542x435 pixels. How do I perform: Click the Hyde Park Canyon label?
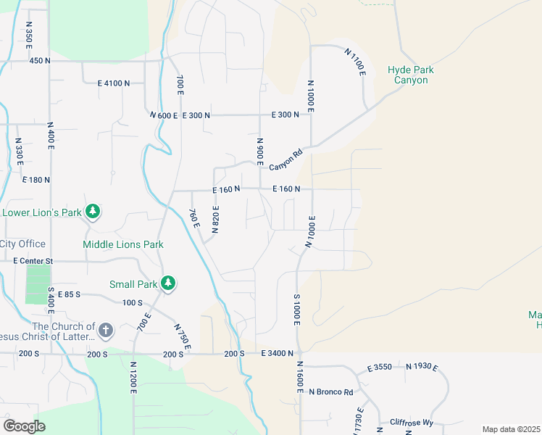pyautogui.click(x=410, y=75)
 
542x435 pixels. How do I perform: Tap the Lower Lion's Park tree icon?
pyautogui.click(x=92, y=212)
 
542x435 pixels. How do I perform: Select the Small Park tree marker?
pyautogui.click(x=168, y=283)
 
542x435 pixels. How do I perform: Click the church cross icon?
pyautogui.click(x=105, y=331)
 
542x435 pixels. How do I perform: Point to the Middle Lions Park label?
pyautogui.click(x=122, y=245)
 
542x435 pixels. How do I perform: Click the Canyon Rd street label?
pyautogui.click(x=285, y=161)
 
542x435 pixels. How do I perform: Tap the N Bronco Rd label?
pyautogui.click(x=330, y=392)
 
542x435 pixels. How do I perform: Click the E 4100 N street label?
pyautogui.click(x=114, y=83)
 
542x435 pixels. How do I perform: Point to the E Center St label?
pyautogui.click(x=33, y=260)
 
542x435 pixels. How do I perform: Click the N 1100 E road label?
pyautogui.click(x=355, y=62)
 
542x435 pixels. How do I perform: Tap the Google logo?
pyautogui.click(x=24, y=426)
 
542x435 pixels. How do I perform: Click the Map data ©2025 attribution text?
pyautogui.click(x=511, y=429)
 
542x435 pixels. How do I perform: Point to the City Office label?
pyautogui.click(x=23, y=244)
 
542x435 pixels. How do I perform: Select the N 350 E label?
pyautogui.click(x=29, y=35)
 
